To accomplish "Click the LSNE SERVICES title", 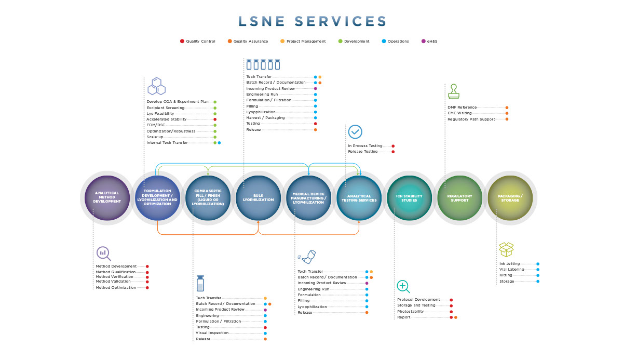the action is (x=313, y=21).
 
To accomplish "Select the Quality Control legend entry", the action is (x=197, y=41).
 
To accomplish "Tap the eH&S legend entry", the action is (x=429, y=41).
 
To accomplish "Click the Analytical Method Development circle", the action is (x=107, y=198).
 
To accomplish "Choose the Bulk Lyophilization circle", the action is (x=259, y=198).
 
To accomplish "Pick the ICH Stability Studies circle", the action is (x=410, y=198).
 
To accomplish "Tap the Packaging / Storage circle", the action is (x=510, y=198).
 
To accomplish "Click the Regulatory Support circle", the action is (x=460, y=198).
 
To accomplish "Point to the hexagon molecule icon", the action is (x=157, y=86).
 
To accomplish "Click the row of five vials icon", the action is (x=263, y=64).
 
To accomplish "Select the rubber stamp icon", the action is (x=454, y=91).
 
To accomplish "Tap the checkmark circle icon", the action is (x=355, y=132).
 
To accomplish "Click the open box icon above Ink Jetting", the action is (x=506, y=249).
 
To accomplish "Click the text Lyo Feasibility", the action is (x=160, y=114).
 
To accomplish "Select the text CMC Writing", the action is (x=460, y=113).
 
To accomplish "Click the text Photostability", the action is (x=411, y=311).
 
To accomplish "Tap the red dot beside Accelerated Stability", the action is (x=215, y=119).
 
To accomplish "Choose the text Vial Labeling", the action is (x=512, y=269).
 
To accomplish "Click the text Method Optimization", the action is (x=116, y=287).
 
